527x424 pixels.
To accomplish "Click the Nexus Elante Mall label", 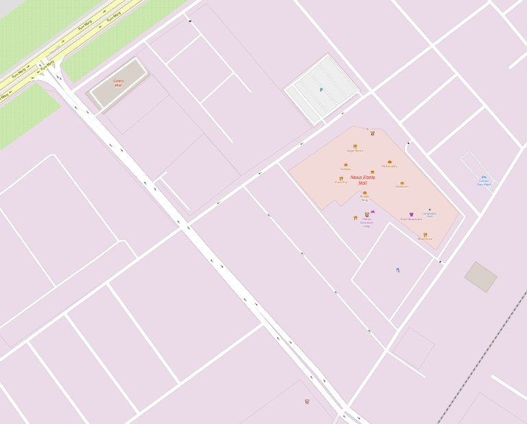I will point(362,180).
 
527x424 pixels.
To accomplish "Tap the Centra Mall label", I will point(119,83).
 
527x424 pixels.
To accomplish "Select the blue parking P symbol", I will point(320,90).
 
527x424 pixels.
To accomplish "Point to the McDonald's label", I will point(389,166).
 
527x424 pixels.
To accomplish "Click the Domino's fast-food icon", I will point(402,182).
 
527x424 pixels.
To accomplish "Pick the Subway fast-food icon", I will point(346,165).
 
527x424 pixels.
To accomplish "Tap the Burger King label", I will point(364,199).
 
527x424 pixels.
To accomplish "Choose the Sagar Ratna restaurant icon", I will point(355,146).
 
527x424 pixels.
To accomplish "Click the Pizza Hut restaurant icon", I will point(341,178).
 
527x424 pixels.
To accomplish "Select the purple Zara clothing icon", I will point(412,215).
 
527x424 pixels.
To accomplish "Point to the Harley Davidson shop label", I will point(366,222).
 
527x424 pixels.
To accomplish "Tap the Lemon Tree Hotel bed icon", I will point(484,177).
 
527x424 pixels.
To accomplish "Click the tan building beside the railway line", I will point(481,276).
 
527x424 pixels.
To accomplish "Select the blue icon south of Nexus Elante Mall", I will point(397,270).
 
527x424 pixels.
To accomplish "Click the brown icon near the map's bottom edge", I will point(307,401).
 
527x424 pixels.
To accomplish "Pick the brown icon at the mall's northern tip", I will point(373,133).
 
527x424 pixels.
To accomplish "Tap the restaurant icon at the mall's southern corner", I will point(425,235).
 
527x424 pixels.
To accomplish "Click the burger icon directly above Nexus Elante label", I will point(373,172).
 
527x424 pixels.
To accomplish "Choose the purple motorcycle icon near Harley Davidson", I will point(373,212).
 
